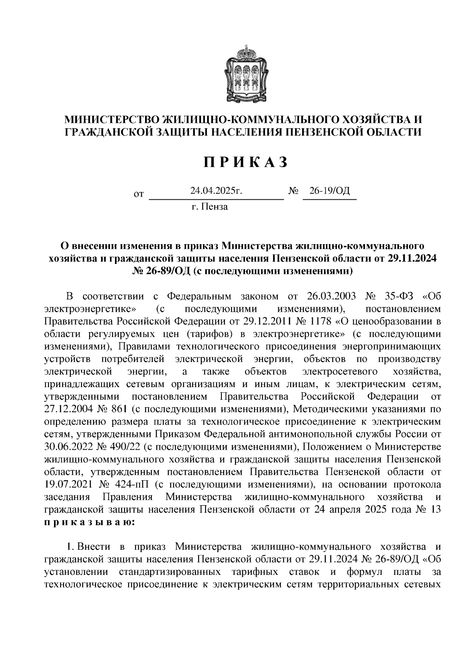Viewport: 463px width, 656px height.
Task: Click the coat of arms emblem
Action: coord(247,74)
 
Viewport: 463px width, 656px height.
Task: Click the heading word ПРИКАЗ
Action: coord(246,163)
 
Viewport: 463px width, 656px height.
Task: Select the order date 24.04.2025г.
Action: coord(216,191)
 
